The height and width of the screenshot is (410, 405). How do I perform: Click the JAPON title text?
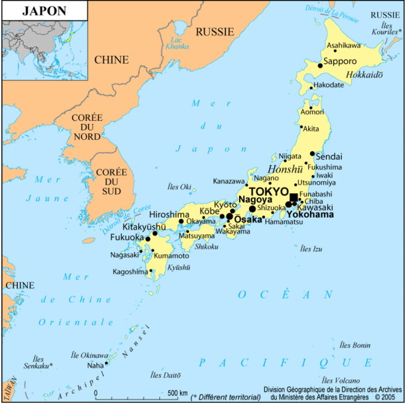pos(44,11)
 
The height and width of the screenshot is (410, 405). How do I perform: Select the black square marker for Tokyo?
pos(294,196)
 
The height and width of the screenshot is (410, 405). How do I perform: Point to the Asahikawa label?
pos(343,46)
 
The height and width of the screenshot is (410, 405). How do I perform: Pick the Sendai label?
pos(329,157)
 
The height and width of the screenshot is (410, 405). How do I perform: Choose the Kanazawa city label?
pos(228,181)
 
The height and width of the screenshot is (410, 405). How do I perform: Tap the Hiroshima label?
pos(169,214)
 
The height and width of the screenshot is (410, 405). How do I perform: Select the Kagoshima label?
pos(130,271)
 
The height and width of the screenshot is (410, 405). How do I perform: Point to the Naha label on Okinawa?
pos(95,365)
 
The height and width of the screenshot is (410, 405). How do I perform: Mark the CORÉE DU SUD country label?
pos(111,182)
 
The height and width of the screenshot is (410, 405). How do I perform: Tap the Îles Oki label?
pos(179,186)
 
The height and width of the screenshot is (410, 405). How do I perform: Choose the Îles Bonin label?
pos(355,345)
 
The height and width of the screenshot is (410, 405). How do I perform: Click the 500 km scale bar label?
pos(177,393)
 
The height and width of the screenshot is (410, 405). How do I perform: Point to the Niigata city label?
pos(289,156)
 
